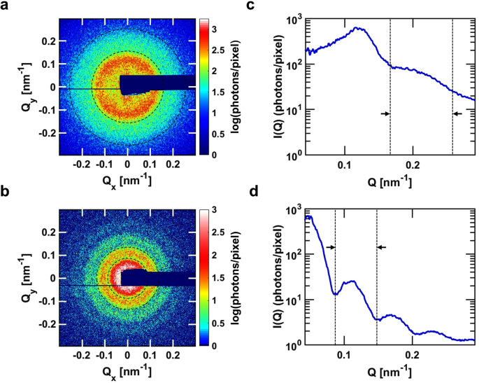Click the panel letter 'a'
coord(6,6)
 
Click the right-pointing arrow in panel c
coord(385,113)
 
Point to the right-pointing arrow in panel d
coord(331,247)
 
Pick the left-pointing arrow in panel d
coord(381,247)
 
